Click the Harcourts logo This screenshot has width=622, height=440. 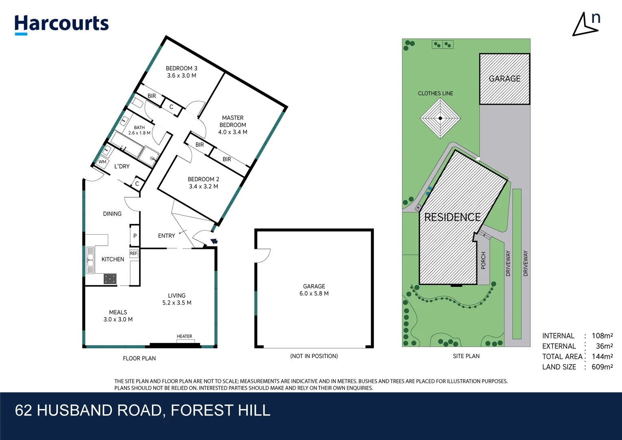click(61, 24)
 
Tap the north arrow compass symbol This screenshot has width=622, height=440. click(586, 24)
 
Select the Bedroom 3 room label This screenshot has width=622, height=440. click(181, 68)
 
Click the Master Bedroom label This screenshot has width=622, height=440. click(233, 121)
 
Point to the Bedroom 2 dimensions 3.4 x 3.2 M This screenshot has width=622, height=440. click(203, 187)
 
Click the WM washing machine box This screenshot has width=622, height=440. click(103, 162)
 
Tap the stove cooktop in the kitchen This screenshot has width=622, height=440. click(110, 279)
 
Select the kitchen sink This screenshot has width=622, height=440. click(90, 260)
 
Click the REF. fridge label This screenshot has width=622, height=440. click(134, 253)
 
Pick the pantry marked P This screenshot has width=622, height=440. click(135, 236)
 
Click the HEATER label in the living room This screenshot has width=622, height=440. click(184, 337)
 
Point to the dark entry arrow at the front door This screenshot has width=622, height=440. click(214, 241)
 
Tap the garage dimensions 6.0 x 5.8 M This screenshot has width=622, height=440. click(314, 293)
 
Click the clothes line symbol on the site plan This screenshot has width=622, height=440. click(440, 119)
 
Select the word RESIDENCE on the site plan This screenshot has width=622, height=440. click(452, 217)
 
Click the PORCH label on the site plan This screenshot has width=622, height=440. click(483, 260)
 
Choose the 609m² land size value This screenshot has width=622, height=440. click(602, 367)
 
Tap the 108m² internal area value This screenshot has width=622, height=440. click(602, 336)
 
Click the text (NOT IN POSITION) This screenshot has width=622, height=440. click(314, 356)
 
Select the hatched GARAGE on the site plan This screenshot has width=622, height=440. click(504, 79)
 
